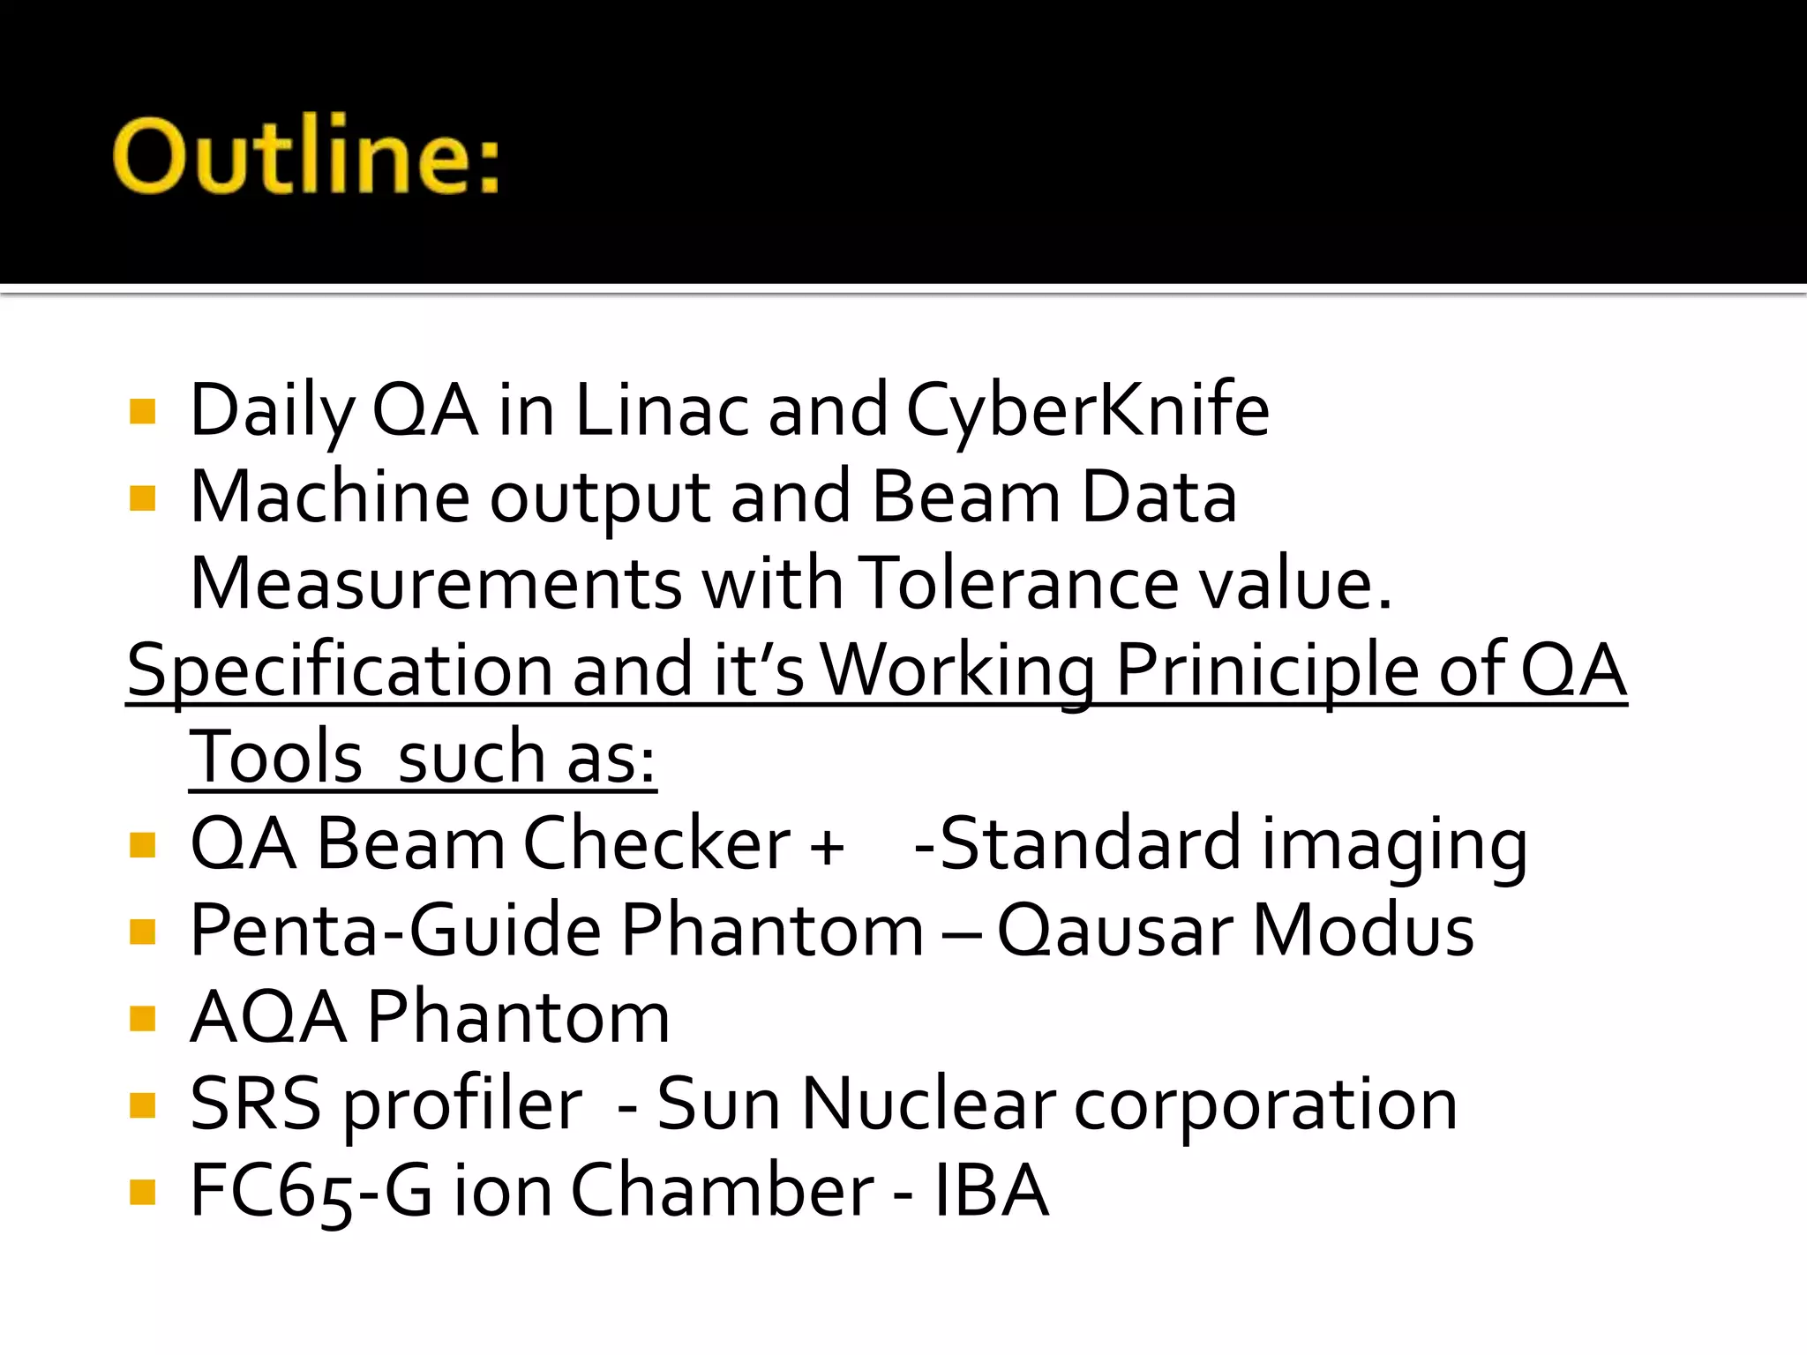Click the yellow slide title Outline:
coord(306,155)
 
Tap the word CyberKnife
coord(1087,410)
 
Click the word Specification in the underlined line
coord(339,670)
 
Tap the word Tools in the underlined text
coord(275,757)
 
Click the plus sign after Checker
coord(827,845)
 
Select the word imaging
coord(1394,845)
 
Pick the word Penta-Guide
coord(396,930)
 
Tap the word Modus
coord(1363,930)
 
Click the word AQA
coord(267,1017)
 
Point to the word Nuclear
coord(928,1104)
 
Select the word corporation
coord(1265,1104)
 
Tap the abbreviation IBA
coord(991,1191)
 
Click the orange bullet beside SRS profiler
coord(142,1105)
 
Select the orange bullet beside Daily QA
coord(142,411)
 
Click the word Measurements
coord(436,583)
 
